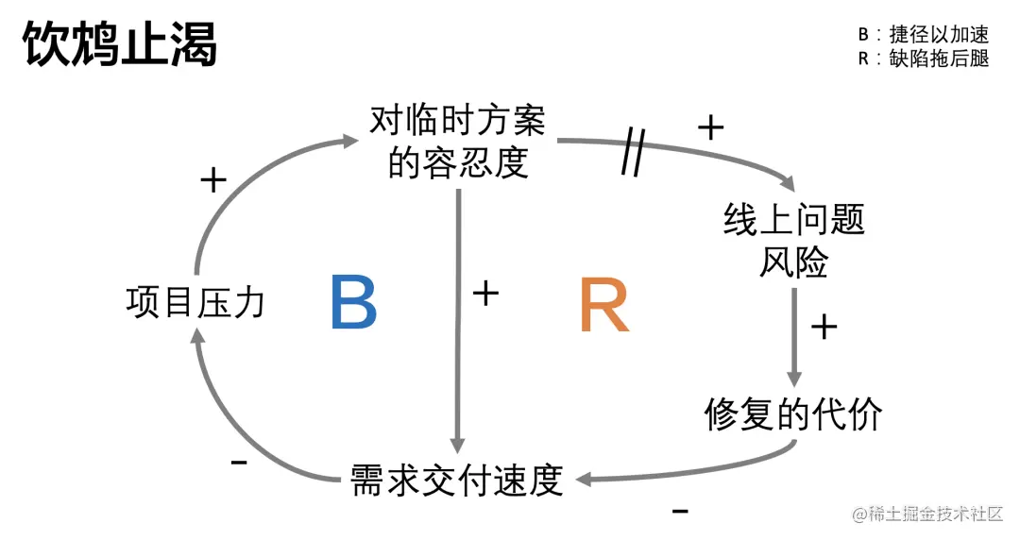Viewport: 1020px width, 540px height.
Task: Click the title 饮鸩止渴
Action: click(x=120, y=43)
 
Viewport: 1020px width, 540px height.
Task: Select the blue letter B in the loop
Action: click(x=354, y=303)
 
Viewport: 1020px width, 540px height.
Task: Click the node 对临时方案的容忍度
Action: click(x=457, y=143)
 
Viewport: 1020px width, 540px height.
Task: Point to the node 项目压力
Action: click(x=195, y=303)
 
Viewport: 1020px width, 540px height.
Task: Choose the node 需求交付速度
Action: click(x=456, y=479)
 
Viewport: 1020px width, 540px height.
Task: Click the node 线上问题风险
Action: click(x=793, y=242)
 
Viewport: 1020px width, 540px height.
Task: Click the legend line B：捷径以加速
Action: click(x=923, y=35)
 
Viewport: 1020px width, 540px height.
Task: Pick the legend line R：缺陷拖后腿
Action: click(x=923, y=59)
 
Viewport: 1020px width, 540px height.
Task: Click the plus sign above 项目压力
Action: click(x=213, y=180)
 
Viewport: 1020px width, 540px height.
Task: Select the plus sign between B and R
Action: click(x=484, y=294)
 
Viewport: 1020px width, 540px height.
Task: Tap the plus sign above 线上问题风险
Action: click(x=709, y=127)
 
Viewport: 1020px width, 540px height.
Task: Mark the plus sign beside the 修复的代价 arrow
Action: click(x=824, y=327)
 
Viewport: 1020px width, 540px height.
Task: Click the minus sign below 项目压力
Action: click(x=239, y=463)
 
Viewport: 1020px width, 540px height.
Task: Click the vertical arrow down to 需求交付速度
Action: click(x=458, y=321)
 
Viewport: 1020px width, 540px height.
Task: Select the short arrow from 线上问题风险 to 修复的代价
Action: click(x=794, y=335)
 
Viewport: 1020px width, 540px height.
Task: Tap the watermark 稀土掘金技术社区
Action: click(x=928, y=515)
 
